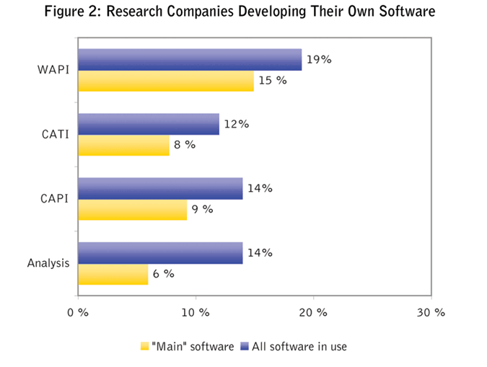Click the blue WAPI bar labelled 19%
click(189, 60)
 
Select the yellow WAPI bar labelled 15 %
click(165, 81)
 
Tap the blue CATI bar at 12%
click(148, 124)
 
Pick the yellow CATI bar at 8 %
click(123, 145)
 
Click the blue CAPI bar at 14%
click(159, 188)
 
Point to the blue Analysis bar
click(159, 252)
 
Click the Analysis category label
click(48, 263)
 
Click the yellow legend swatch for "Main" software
click(144, 347)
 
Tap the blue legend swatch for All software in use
click(244, 347)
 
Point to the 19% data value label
click(318, 60)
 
